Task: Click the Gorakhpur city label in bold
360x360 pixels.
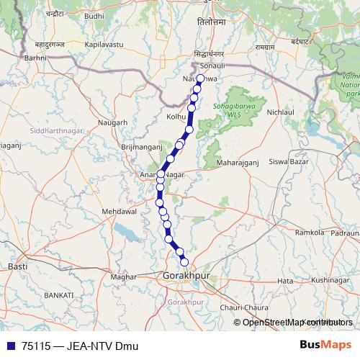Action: point(185,276)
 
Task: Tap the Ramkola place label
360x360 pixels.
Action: point(310,233)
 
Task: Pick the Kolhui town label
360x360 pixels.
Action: point(176,115)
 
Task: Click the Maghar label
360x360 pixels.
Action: point(124,276)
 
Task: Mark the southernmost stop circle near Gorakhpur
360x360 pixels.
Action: point(184,261)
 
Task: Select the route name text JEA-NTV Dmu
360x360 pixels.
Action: point(102,346)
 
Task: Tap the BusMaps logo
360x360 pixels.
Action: point(325,345)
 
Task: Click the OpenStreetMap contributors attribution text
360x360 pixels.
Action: point(297,322)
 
